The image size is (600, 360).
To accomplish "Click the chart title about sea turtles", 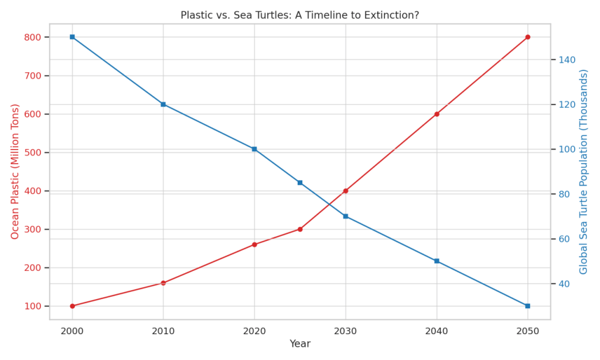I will pos(299,15).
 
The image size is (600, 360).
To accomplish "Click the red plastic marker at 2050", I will pos(527,37).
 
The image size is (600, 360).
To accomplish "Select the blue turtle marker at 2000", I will pos(72,37).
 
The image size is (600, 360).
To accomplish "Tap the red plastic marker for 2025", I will pos(300,229).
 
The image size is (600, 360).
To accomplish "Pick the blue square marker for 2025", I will pos(300,183).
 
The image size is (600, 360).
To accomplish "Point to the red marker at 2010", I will pos(163,283).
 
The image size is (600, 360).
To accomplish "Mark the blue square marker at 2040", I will pos(437,261).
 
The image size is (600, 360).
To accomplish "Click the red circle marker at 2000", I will pos(72,306).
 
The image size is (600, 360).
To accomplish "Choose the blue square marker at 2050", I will pos(527,306).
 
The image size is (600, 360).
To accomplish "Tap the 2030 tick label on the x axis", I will pos(346,331).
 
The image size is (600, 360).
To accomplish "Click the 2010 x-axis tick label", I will pos(163,331).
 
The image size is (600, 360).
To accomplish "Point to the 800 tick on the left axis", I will pos(33,37).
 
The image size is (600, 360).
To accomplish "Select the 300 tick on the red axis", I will pos(33,229).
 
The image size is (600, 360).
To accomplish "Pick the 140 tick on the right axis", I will pos(564,60).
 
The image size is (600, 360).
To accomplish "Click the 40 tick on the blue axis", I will pos(562,284).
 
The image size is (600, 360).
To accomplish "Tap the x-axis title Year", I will pos(300,344).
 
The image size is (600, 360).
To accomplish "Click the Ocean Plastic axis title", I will pos(15,171).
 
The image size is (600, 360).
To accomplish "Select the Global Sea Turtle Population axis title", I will pos(584,171).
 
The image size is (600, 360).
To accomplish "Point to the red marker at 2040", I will pos(437,114).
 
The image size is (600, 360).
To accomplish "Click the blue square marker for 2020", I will pos(254,149).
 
